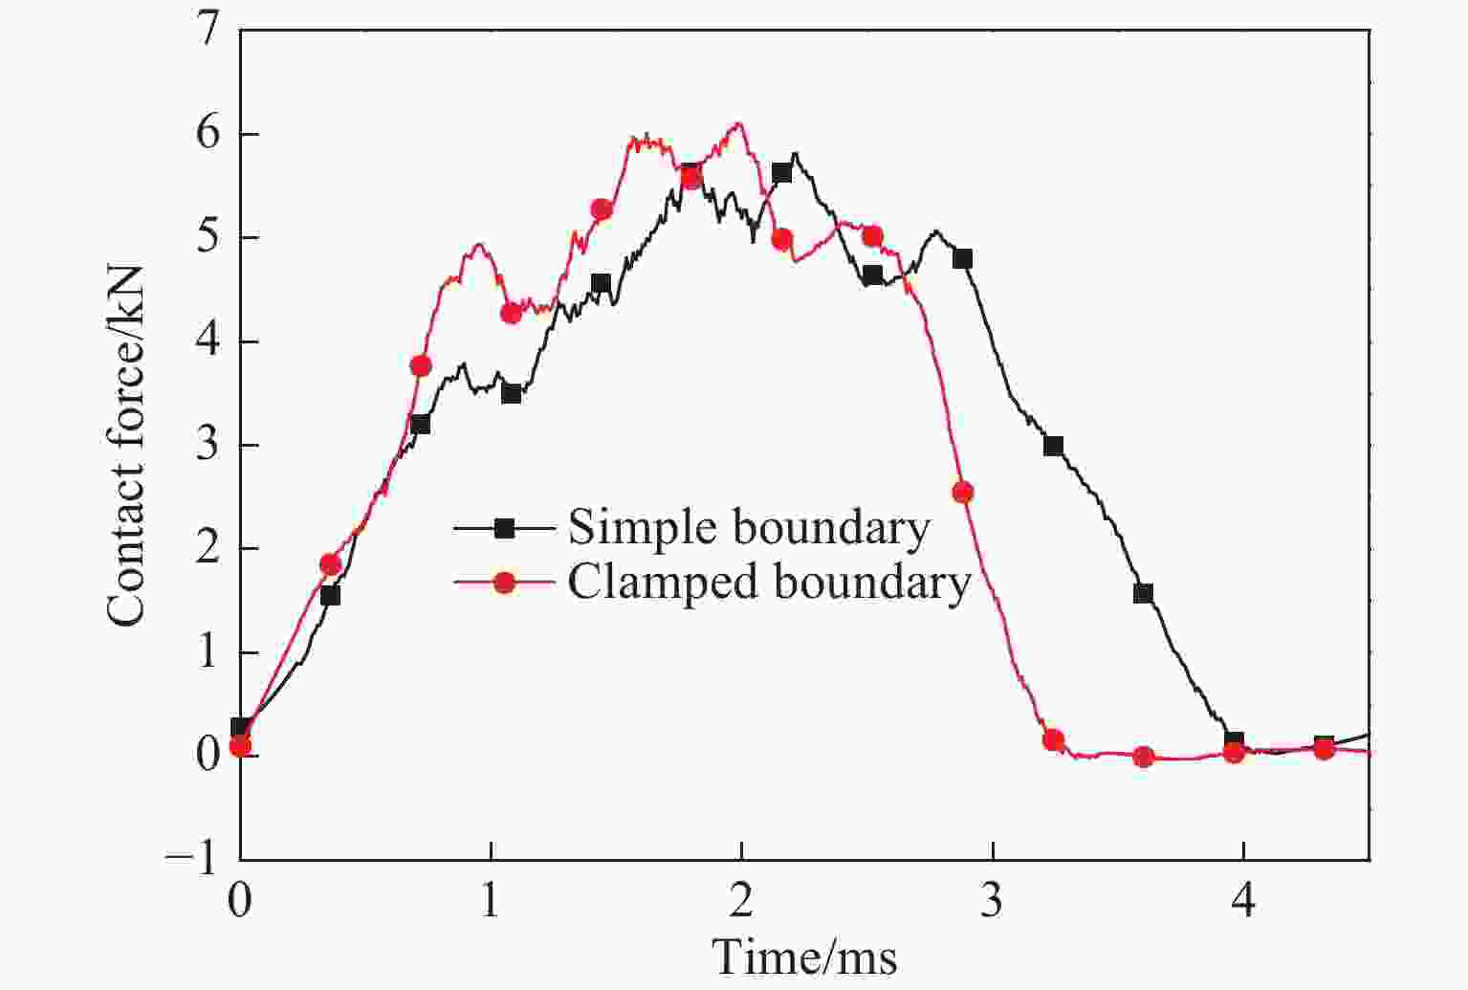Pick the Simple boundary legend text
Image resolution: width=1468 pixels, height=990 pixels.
pos(749,527)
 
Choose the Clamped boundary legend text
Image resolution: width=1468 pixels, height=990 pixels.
pos(769,582)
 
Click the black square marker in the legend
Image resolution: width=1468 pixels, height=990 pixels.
pos(503,527)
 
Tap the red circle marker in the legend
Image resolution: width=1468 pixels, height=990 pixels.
pos(503,582)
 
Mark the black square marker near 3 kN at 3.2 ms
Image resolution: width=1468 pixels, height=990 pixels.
pos(1053,446)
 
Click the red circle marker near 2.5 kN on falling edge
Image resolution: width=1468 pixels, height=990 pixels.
pos(962,493)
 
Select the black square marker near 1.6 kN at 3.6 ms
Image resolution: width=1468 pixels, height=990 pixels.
pos(1143,593)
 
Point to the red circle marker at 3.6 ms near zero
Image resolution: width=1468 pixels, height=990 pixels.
pos(1143,757)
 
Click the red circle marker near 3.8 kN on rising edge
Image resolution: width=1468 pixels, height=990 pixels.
pos(421,365)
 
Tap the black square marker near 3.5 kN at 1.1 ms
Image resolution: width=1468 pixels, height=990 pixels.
pos(511,393)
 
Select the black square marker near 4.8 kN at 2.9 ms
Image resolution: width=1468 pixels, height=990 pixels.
pos(962,258)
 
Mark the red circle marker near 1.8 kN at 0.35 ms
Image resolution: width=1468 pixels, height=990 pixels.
pos(330,564)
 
